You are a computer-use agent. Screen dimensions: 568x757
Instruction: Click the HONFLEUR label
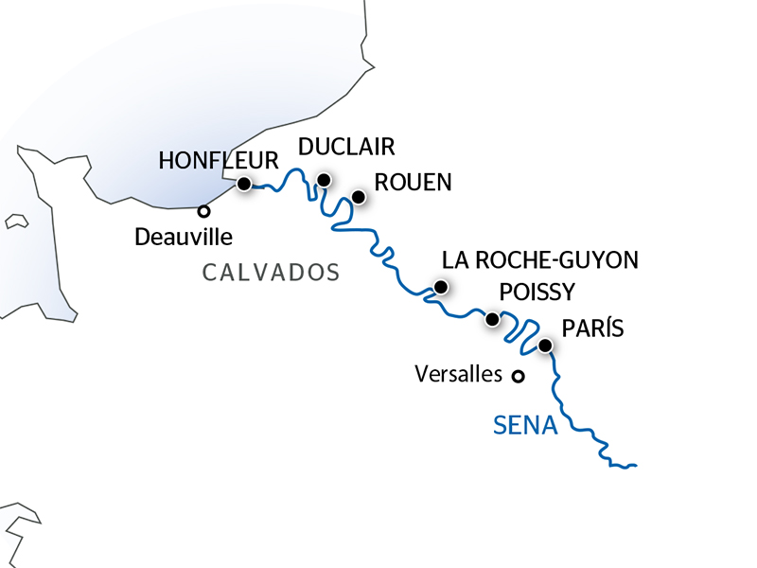tap(219, 160)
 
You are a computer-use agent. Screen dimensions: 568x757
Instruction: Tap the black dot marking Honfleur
tap(244, 184)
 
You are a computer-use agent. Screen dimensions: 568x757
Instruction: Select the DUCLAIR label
tap(345, 147)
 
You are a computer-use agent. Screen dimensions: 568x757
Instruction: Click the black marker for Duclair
tap(324, 180)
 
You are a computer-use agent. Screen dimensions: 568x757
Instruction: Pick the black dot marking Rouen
tap(359, 197)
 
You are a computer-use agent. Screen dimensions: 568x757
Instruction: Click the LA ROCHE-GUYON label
tap(541, 259)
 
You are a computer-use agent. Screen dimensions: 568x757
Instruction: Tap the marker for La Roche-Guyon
tap(440, 287)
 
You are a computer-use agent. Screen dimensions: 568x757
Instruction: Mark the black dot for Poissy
tap(492, 320)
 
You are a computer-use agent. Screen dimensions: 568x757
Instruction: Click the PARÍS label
tap(593, 328)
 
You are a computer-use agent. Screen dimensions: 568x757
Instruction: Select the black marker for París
tap(545, 346)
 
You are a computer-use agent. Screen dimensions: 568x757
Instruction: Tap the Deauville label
tap(184, 236)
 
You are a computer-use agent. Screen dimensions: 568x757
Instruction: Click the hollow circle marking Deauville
tap(202, 211)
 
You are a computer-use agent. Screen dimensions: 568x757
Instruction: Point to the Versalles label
tap(459, 375)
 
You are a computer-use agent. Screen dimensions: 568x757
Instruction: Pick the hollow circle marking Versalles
tap(518, 376)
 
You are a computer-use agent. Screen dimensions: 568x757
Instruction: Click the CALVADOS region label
tap(271, 274)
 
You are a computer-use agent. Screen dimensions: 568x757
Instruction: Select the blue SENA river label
tap(525, 427)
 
